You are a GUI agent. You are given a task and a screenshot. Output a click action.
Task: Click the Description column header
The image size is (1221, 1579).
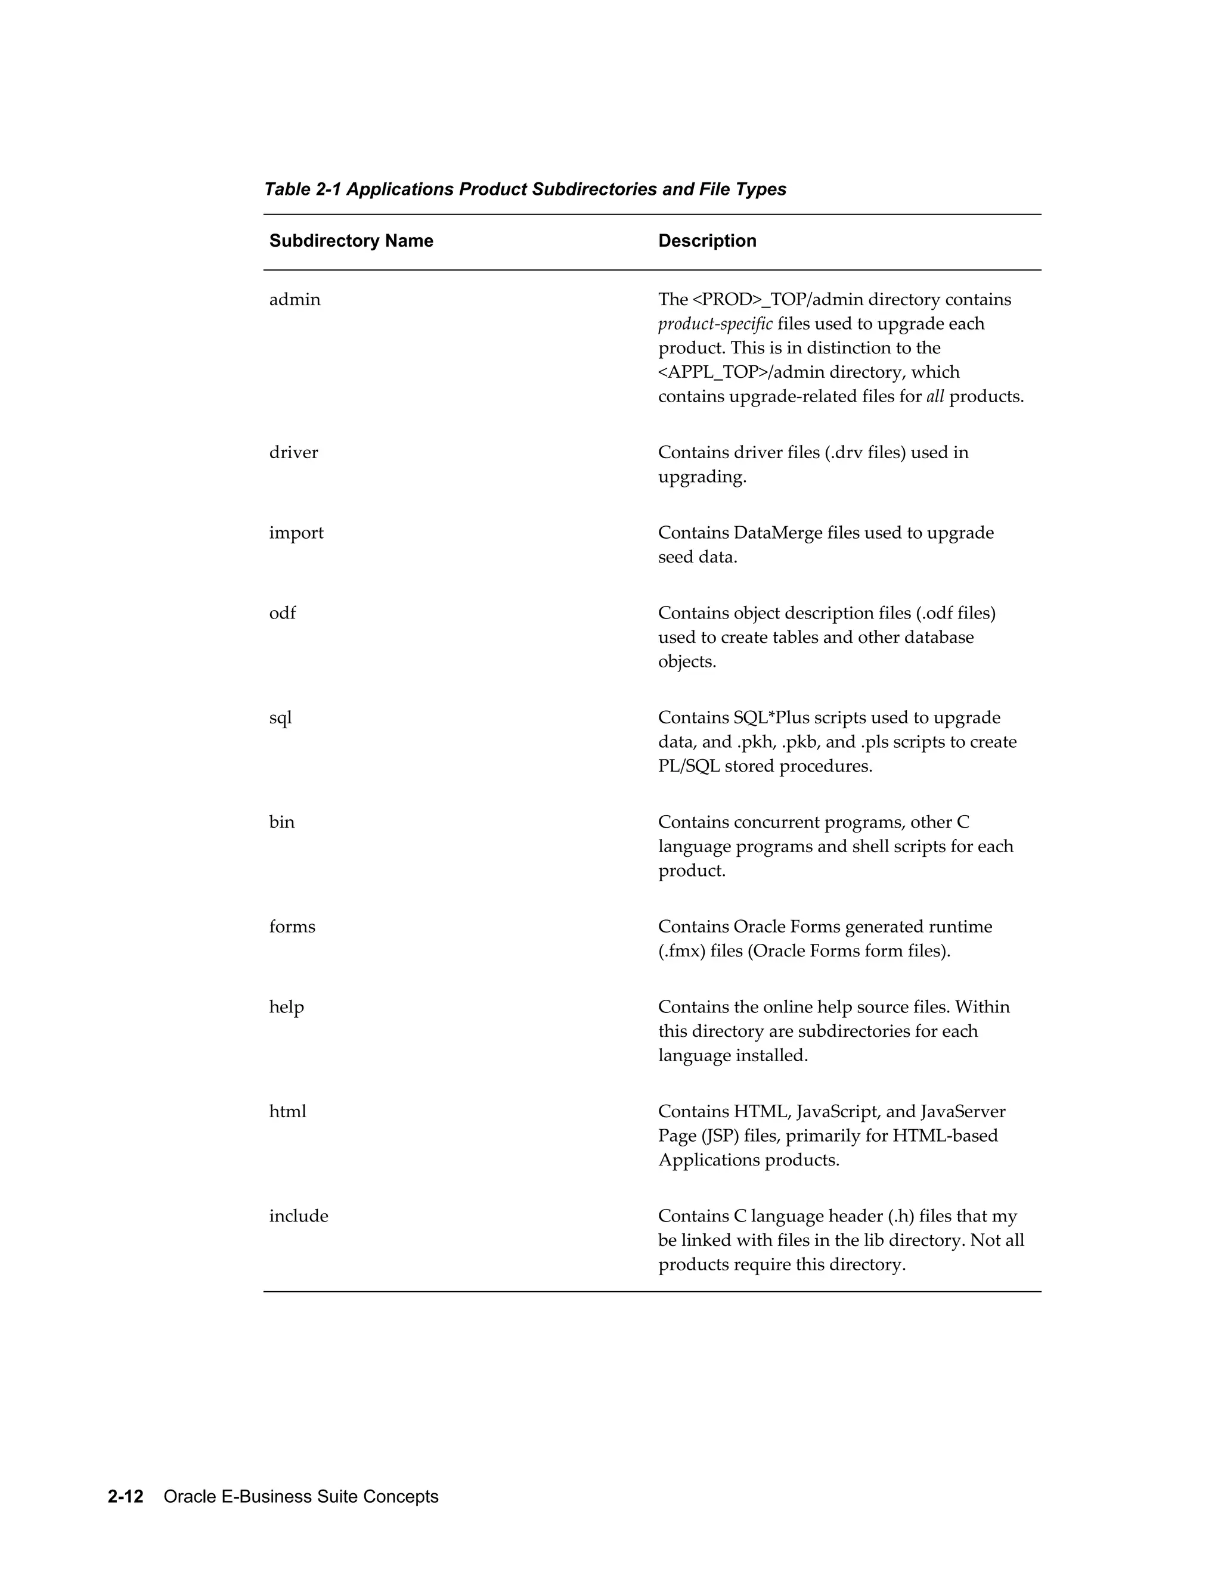(706, 241)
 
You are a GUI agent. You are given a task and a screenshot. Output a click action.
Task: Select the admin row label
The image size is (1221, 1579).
(295, 299)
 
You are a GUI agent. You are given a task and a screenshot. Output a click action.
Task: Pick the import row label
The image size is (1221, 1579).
(296, 533)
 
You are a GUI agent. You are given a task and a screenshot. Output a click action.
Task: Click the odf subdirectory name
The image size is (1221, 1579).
(282, 613)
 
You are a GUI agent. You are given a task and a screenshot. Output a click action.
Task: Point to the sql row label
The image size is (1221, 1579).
(280, 719)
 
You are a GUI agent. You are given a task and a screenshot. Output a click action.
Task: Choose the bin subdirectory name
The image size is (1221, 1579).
(281, 822)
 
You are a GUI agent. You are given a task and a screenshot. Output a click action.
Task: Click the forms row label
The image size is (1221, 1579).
(292, 927)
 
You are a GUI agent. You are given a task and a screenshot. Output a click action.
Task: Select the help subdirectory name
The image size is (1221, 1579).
(286, 1008)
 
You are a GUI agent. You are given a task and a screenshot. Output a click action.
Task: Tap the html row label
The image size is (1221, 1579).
(287, 1111)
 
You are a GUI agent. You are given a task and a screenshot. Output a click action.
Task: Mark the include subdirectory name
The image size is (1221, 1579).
(298, 1216)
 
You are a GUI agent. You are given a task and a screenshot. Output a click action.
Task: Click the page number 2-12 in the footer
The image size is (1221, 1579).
(126, 1497)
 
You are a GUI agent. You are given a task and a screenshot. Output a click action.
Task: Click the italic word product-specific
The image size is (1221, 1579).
(715, 324)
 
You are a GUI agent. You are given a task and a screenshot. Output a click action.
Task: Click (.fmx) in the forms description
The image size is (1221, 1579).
(681, 952)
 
